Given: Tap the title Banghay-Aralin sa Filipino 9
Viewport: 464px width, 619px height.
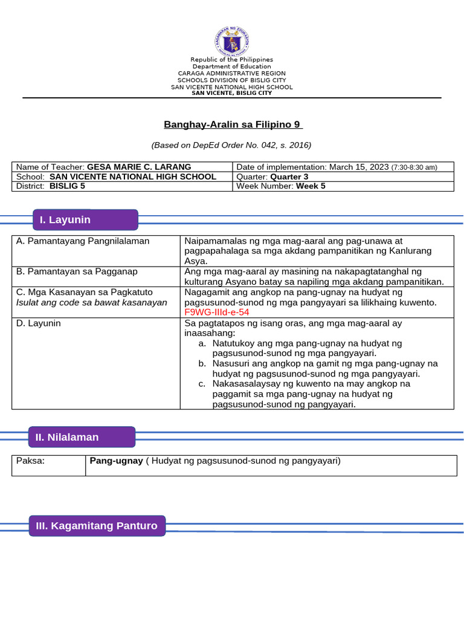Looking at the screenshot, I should coord(233,125).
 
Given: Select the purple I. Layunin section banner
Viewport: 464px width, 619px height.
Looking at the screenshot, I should coord(85,219).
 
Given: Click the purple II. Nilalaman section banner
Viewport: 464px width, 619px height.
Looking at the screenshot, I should coord(82,436).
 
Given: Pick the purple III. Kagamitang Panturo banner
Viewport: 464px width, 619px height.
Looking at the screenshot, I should coord(97,526).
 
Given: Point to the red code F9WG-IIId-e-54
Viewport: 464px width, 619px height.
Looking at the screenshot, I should coord(217,312).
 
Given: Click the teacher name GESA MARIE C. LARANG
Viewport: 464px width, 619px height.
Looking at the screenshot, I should coord(139,167).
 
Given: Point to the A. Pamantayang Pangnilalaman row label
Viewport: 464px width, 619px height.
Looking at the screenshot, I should coord(83,241).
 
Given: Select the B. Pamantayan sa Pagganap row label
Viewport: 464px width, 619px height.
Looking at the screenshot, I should coord(77,271).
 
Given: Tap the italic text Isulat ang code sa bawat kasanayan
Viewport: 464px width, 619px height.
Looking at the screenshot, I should coord(91,302).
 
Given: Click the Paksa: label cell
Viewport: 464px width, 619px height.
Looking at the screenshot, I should coord(31,461).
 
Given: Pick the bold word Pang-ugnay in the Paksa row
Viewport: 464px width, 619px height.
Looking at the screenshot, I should coord(116,461).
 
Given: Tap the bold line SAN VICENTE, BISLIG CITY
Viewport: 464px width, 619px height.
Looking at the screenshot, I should coord(231,93).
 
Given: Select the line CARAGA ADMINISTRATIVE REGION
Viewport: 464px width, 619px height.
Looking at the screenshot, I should coord(231,73).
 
